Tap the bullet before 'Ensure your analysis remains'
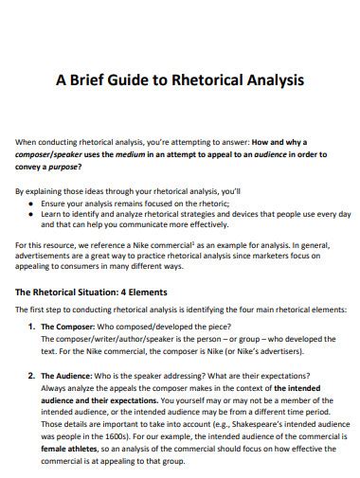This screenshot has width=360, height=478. pyautogui.click(x=32, y=203)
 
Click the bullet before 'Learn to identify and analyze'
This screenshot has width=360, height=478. pyautogui.click(x=32, y=215)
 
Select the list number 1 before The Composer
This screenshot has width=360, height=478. pyautogui.click(x=29, y=327)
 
